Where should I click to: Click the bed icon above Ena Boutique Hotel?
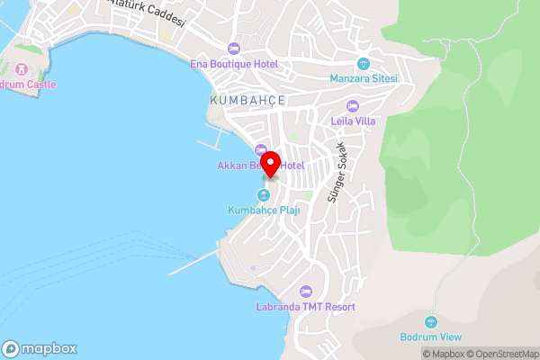(234, 48)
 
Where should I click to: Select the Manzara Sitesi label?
(364, 78)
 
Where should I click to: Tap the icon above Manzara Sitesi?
(364, 63)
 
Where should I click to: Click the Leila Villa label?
(353, 121)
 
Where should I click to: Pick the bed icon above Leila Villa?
(353, 105)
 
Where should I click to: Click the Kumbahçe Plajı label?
(264, 211)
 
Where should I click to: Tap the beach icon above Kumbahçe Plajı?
(264, 195)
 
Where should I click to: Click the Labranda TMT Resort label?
(306, 307)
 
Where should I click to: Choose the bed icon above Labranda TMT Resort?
(306, 292)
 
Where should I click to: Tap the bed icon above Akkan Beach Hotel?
(261, 150)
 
